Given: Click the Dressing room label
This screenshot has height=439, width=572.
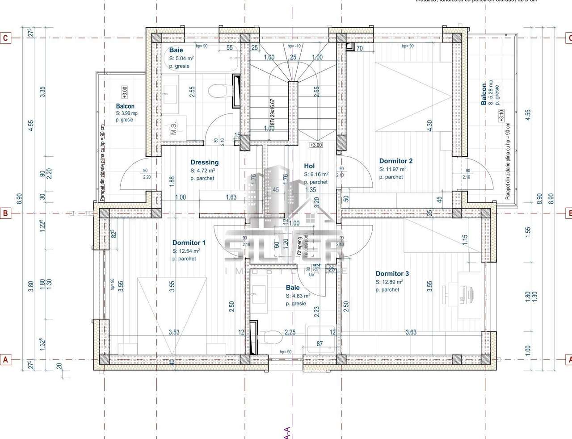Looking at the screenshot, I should [x=204, y=163].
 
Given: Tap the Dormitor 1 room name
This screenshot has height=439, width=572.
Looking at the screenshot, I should [x=189, y=243].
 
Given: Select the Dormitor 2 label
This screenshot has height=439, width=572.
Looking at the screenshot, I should [x=395, y=161].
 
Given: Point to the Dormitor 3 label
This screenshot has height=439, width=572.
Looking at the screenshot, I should [x=392, y=274].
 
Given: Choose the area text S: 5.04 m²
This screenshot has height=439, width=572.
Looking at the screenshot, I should [x=181, y=59].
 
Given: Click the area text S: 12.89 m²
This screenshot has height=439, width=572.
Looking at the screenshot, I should [x=389, y=282].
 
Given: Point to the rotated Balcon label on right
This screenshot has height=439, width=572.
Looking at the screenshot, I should [x=484, y=94].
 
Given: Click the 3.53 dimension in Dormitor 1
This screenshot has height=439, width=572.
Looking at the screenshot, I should [x=174, y=332].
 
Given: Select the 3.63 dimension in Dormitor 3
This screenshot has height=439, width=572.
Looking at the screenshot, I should [x=411, y=332].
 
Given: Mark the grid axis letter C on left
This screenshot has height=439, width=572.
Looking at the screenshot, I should [x=5, y=38].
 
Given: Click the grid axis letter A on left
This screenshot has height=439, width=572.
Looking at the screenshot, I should [x=5, y=359].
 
